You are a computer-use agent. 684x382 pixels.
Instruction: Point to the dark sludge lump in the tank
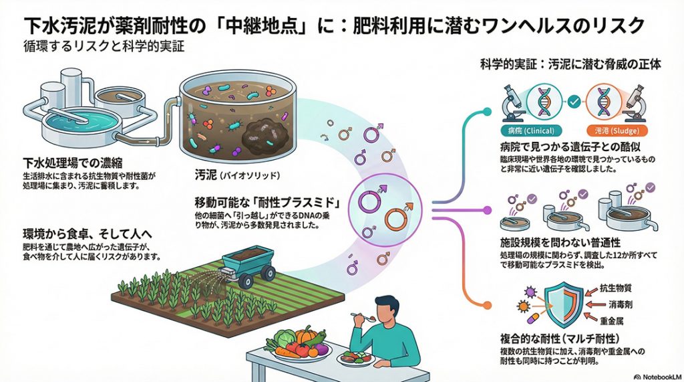coord(263,140)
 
